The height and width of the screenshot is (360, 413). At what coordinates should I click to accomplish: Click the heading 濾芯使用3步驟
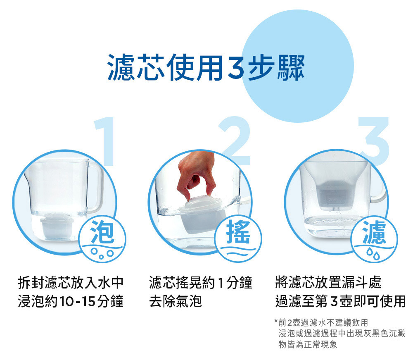(206, 67)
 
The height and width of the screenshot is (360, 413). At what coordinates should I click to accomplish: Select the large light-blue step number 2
(235, 141)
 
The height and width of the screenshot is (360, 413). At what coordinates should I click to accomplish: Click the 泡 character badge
(102, 239)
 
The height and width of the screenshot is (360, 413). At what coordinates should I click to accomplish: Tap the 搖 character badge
(238, 238)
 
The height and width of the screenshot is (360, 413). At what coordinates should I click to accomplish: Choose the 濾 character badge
(374, 239)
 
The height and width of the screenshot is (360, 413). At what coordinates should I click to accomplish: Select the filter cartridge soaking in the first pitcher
(57, 226)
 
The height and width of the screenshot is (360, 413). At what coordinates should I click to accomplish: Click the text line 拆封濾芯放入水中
(71, 283)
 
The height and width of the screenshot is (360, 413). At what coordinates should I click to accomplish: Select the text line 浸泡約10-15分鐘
(71, 301)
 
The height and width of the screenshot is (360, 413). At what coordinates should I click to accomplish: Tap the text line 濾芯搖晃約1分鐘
(201, 283)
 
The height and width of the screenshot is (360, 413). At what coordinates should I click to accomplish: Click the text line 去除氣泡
(176, 301)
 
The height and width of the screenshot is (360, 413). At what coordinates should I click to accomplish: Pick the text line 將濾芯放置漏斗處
(328, 283)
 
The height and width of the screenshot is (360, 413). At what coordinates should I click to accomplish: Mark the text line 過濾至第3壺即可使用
(340, 301)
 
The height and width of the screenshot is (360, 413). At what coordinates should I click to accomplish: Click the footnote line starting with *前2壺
(321, 322)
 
